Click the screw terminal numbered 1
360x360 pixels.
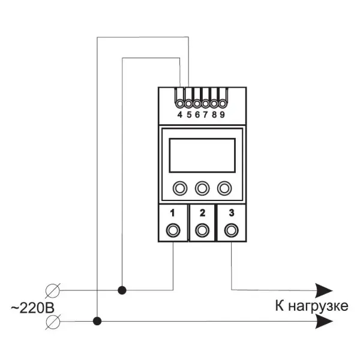[173, 230]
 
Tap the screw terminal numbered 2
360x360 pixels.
[202, 230]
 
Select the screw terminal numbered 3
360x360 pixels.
[232, 230]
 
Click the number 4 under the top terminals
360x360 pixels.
[180, 115]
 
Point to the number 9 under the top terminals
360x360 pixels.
[222, 115]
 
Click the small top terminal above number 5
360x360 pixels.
[188, 104]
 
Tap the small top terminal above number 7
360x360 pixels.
[205, 104]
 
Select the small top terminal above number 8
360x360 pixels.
[214, 104]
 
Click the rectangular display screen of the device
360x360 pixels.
[202, 155]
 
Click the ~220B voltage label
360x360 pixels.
[32, 308]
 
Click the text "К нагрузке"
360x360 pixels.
[311, 306]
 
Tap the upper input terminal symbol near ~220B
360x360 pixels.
[53, 290]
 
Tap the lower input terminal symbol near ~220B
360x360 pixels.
[53, 322]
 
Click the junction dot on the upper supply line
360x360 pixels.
[122, 290]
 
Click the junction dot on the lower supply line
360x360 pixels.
[97, 321]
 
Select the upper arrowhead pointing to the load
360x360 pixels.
[324, 290]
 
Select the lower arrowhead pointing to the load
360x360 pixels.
[324, 321]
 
